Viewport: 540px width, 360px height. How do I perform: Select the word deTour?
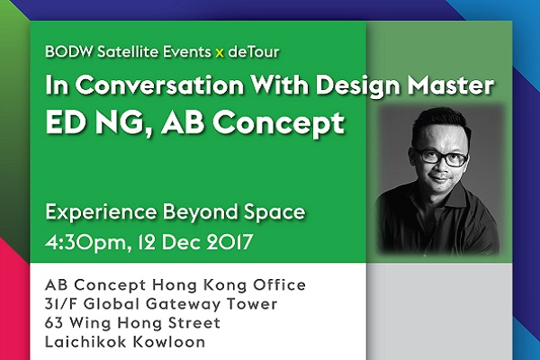coord(254,51)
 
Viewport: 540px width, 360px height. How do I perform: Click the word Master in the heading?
coord(451,85)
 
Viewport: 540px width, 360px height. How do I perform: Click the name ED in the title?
coord(65,122)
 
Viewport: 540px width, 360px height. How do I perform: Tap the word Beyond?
coord(200,211)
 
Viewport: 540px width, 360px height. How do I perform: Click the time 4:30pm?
coord(88,242)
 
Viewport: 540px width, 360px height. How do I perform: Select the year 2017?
coord(229,242)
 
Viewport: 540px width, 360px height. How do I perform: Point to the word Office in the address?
coord(279,285)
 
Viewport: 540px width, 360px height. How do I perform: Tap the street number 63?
coord(54,323)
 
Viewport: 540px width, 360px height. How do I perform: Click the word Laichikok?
coord(86,342)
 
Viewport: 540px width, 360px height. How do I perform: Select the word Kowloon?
coord(169,342)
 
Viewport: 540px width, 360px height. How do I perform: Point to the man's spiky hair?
coord(440,122)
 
